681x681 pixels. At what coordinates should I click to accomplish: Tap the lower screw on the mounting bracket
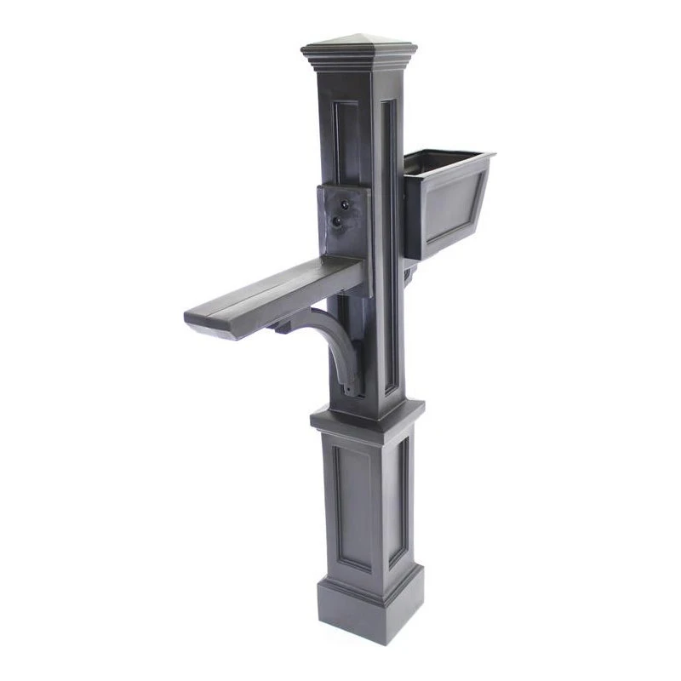337,221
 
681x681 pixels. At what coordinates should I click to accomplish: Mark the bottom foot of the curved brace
348,387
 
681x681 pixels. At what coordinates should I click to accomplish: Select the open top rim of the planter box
447,158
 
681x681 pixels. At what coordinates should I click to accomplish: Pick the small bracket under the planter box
409,273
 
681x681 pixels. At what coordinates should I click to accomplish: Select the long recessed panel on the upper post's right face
390,247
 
